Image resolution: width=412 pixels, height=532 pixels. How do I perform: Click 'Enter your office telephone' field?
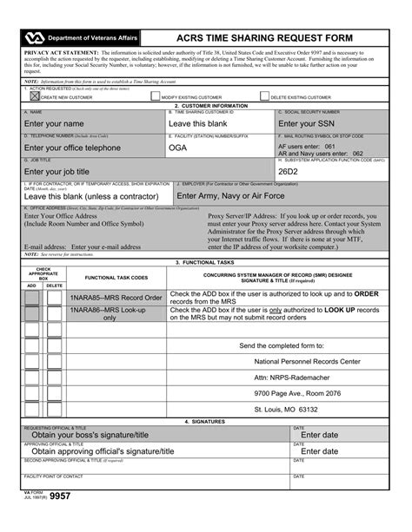click(84, 148)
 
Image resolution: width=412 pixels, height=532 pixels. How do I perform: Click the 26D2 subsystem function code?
click(289, 171)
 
